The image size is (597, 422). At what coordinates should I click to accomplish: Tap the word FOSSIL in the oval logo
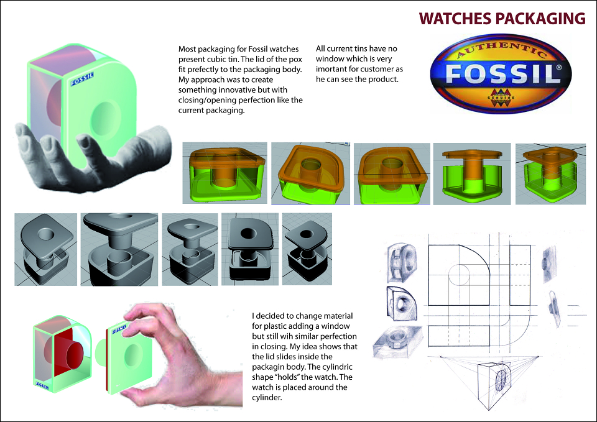point(502,73)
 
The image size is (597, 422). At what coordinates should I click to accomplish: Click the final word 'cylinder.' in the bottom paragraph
point(267,398)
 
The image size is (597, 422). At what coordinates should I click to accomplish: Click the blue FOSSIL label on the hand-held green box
point(82,79)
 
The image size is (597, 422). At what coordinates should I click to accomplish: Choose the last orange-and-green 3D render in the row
point(550,174)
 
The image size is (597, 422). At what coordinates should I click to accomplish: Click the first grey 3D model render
point(45,249)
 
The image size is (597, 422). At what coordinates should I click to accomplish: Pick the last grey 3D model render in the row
point(307,249)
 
